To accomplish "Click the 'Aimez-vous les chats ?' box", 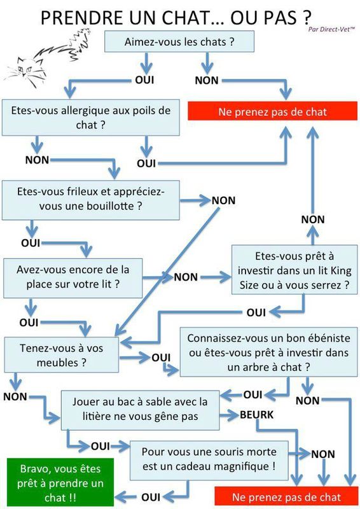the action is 179,41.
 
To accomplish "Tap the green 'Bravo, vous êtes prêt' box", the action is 60,483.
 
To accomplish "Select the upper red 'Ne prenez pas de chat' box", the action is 273,111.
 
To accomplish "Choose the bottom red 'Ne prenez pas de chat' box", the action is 286,497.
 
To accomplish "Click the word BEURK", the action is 256,415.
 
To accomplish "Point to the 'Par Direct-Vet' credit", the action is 331,29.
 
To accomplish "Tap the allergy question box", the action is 90,118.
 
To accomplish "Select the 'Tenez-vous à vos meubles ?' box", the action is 61,355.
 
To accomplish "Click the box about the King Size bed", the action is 294,270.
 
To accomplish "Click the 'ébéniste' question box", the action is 268,352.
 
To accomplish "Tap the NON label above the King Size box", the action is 312,220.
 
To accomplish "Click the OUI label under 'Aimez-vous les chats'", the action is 144,80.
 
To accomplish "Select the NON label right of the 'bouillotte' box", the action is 223,200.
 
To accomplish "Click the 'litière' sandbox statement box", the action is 140,410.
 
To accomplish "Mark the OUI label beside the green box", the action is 151,497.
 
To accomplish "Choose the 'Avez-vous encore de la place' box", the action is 73,278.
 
